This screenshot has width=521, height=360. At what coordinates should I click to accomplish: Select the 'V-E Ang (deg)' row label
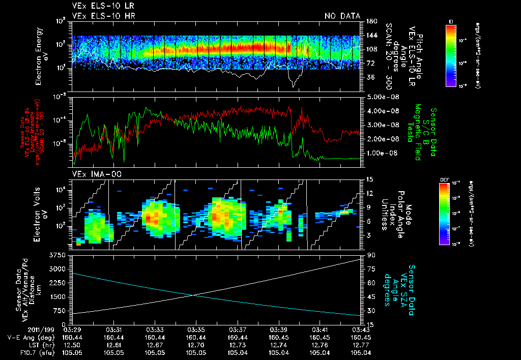point(27,338)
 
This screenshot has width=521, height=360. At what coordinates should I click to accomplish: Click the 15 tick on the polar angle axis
point(369,179)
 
